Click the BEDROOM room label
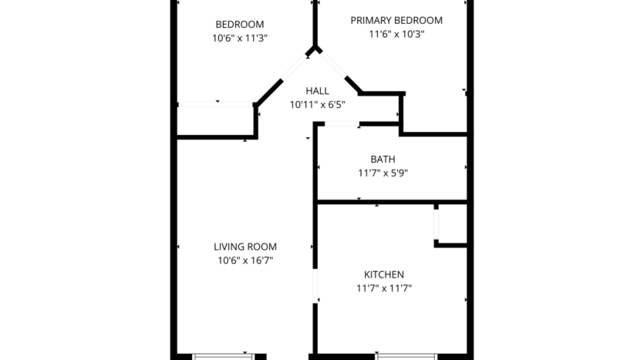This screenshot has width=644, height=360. tap(239, 24)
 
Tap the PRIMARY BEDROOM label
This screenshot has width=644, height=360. tap(396, 20)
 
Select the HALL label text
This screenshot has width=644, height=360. tap(317, 91)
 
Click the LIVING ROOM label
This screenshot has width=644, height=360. tap(245, 247)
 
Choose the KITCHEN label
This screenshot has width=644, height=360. tap(383, 274)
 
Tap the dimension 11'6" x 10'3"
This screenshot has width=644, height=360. tap(396, 34)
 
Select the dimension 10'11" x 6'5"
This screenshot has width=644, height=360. tap(317, 105)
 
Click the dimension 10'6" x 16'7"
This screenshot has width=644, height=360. tap(245, 261)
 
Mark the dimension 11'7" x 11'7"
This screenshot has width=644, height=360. tap(383, 288)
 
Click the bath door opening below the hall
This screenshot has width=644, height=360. tap(336, 123)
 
